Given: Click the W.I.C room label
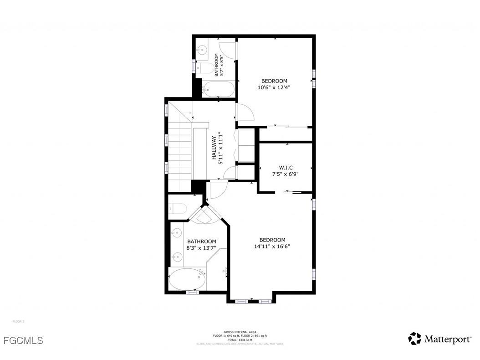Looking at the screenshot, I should click(x=286, y=167).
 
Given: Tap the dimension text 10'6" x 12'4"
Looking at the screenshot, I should click(x=274, y=87).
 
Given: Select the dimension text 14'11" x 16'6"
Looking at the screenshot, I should click(x=272, y=247).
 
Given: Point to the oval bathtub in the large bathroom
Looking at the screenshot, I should click(x=187, y=279).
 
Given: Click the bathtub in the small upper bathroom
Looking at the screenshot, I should click(x=218, y=90).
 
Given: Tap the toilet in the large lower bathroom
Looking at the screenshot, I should click(x=178, y=209).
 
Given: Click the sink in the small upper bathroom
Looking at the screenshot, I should click(x=202, y=49).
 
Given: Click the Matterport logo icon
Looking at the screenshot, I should click(x=414, y=339).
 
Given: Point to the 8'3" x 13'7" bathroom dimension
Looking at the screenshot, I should click(x=201, y=248).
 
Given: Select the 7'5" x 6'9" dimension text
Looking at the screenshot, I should click(x=286, y=174).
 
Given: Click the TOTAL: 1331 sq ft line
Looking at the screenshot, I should click(x=240, y=340).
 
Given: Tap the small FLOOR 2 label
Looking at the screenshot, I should click(x=18, y=321).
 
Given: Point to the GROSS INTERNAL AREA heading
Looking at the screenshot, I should click(x=240, y=332).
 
